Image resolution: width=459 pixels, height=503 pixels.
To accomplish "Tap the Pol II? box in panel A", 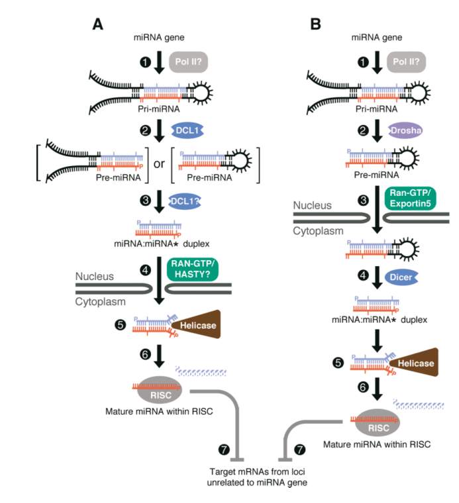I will point(191,64).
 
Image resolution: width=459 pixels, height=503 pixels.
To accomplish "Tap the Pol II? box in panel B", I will point(410,64).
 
